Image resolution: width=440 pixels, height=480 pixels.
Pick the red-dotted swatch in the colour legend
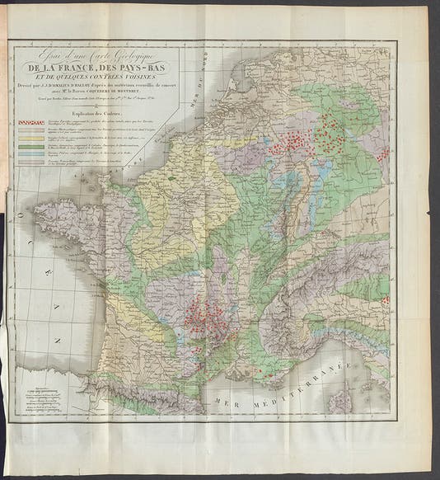pos(30,122)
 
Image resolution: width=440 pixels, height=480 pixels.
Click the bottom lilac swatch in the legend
pos(30,161)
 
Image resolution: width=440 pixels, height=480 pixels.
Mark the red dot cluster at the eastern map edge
pos(382,155)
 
